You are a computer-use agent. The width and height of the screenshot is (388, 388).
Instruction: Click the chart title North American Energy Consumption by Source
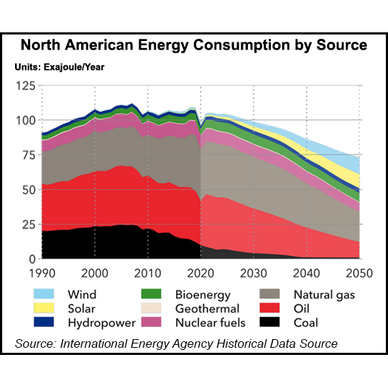(194, 45)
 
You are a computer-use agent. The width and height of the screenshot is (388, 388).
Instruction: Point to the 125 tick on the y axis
(26, 86)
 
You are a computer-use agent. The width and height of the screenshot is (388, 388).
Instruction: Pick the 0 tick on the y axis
(32, 259)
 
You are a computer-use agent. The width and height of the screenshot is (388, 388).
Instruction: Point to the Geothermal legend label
(205, 308)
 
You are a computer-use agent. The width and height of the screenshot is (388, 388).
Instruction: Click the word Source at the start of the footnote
(35, 344)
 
